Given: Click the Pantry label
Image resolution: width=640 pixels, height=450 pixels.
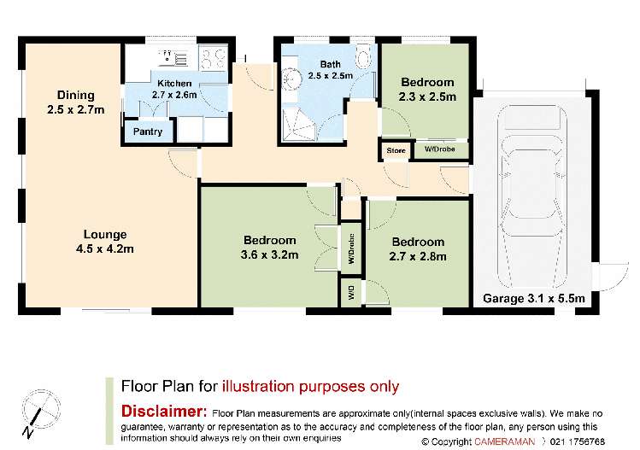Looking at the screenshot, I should click(147, 132).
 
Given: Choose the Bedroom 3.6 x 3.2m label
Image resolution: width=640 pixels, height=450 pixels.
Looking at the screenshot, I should click(269, 247).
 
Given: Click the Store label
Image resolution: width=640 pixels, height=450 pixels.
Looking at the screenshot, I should click(396, 151).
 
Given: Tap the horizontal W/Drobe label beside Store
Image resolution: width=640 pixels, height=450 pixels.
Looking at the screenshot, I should click(440, 151).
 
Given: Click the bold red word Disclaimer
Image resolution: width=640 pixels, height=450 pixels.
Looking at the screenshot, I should click(163, 411).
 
